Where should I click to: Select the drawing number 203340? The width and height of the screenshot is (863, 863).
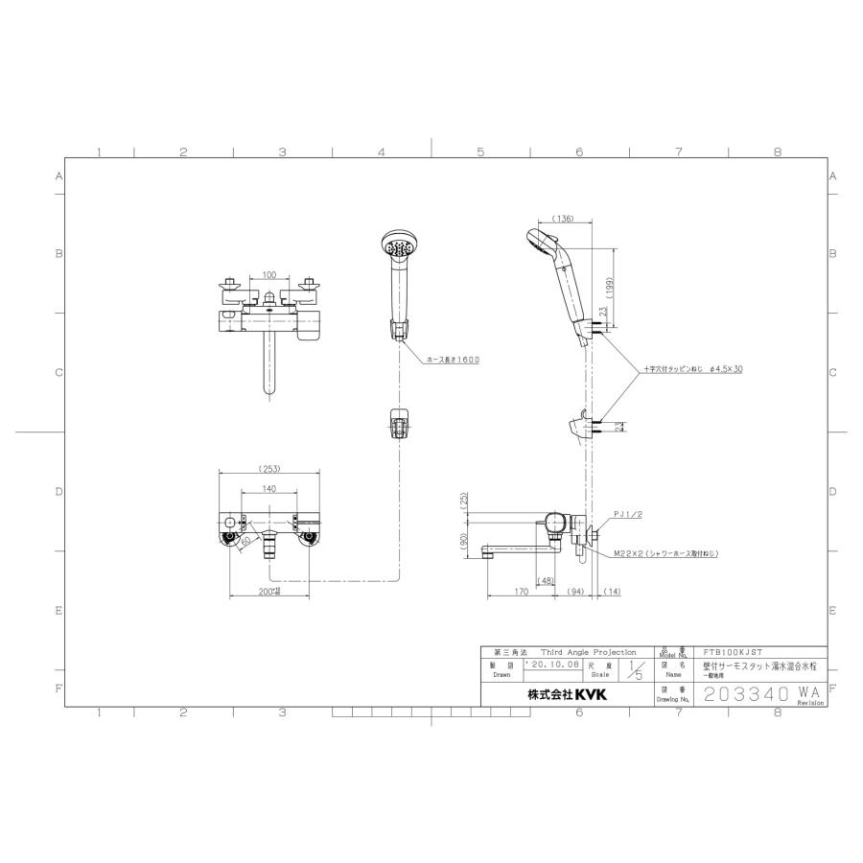[x=744, y=693]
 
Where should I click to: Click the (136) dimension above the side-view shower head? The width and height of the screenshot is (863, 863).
[x=564, y=220]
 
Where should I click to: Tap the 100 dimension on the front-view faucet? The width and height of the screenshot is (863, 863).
[x=268, y=274]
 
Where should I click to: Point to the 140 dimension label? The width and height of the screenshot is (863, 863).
[x=268, y=488]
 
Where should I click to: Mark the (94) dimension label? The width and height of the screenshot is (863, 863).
[x=575, y=592]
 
